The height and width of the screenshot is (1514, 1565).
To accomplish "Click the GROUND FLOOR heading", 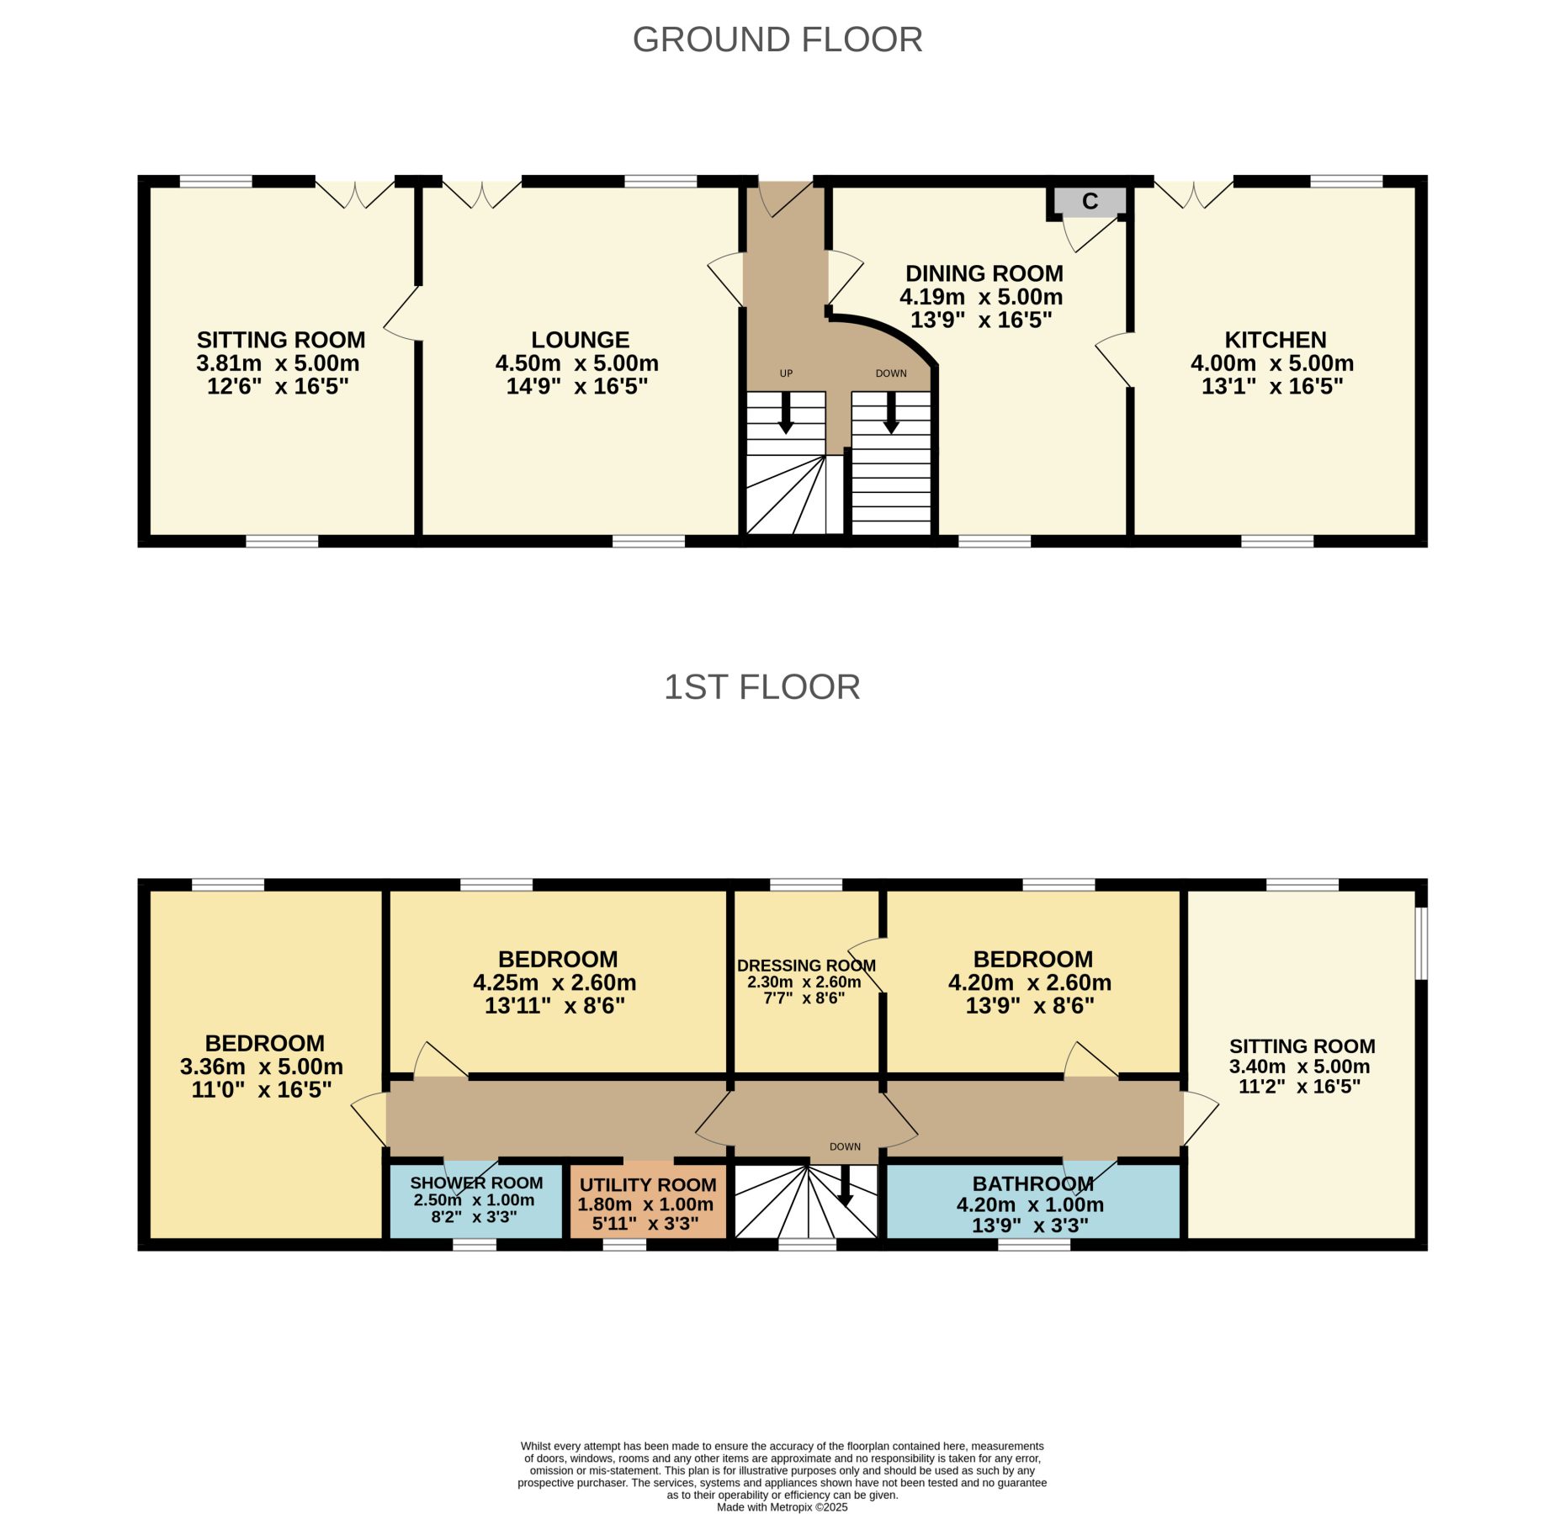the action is click(x=777, y=40).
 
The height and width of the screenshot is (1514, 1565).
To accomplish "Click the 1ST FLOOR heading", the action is click(x=762, y=687).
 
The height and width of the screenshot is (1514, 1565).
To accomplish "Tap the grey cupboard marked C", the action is click(x=1090, y=201).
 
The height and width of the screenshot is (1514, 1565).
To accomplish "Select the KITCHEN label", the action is click(x=1276, y=340).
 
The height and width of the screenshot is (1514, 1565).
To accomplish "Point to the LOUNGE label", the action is click(x=581, y=340).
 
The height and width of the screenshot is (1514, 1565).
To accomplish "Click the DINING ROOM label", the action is click(x=984, y=273).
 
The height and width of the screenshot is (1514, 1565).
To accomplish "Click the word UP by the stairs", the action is click(x=786, y=373).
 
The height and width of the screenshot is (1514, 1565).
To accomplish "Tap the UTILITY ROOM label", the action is click(x=648, y=1185).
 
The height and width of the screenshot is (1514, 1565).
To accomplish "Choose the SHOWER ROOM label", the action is click(x=476, y=1183).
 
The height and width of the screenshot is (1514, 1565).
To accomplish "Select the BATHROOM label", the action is click(x=1033, y=1183).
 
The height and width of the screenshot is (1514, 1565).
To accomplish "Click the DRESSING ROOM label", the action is click(x=806, y=966).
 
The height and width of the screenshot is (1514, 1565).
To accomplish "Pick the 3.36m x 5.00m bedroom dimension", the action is click(x=262, y=1067).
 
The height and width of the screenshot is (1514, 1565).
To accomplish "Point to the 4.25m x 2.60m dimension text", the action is click(x=554, y=982).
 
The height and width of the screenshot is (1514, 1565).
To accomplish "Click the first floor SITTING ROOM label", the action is click(x=1302, y=1046).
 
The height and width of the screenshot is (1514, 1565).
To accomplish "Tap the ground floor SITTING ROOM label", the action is click(x=281, y=340).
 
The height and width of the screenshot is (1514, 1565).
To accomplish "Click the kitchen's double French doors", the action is click(x=1194, y=193).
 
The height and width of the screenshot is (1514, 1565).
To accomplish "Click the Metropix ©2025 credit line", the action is click(x=782, y=1507).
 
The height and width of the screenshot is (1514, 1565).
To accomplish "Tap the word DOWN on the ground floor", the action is click(x=891, y=373).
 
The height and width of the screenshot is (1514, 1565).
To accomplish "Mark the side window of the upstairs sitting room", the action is click(x=1421, y=943).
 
